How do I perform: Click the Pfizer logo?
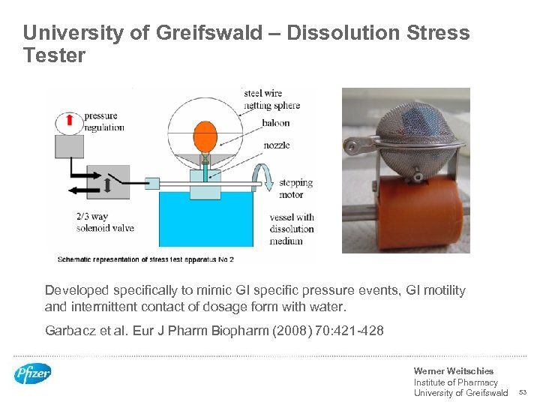pyautogui.click(x=33, y=373)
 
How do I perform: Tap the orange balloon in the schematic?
pyautogui.click(x=205, y=137)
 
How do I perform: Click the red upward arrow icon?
pyautogui.click(x=68, y=120)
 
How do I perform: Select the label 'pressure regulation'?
pyautogui.click(x=104, y=121)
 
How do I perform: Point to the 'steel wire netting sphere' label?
pyautogui.click(x=271, y=99)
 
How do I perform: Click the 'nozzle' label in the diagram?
pyautogui.click(x=276, y=145)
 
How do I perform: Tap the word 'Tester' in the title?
pyautogui.click(x=54, y=56)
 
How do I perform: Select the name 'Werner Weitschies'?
pyautogui.click(x=453, y=371)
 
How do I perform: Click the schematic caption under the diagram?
pyautogui.click(x=146, y=259)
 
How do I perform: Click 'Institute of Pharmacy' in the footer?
pyautogui.click(x=455, y=382)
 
